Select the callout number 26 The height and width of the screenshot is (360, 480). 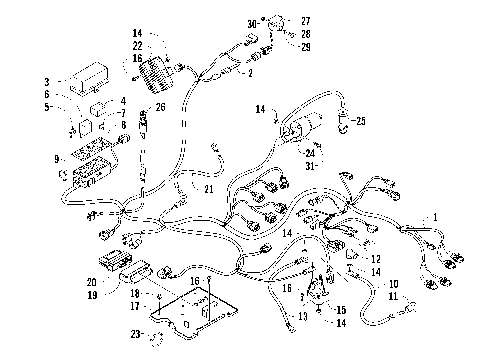(161, 107)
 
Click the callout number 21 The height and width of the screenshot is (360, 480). (209, 189)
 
